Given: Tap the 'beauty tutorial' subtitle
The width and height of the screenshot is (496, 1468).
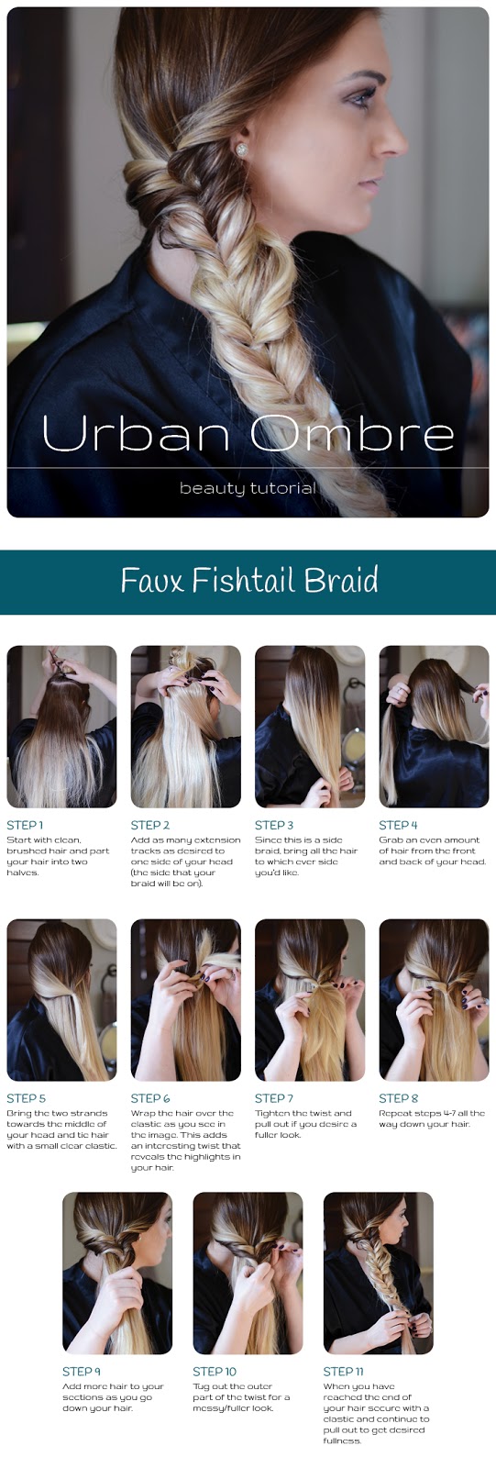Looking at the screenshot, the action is click(x=248, y=488).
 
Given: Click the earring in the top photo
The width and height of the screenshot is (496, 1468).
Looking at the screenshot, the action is click(x=242, y=150).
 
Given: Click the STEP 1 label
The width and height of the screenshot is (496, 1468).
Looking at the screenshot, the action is click(x=25, y=825).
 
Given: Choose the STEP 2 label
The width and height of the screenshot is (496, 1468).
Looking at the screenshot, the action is click(x=150, y=825).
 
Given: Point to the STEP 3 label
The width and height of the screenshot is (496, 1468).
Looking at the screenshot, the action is click(x=274, y=825).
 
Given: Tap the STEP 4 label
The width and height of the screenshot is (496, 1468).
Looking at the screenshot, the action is click(x=398, y=825).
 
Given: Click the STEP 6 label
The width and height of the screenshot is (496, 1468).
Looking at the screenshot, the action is click(x=150, y=1098).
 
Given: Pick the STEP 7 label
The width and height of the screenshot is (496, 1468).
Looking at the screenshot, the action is click(x=274, y=1098).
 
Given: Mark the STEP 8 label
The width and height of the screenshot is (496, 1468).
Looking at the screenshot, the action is click(x=399, y=1098).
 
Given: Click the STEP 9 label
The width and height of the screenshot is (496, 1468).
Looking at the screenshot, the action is click(x=82, y=1372).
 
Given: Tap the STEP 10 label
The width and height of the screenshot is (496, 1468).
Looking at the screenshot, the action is click(x=215, y=1372).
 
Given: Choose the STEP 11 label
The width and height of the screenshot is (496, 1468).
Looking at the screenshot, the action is click(x=343, y=1372).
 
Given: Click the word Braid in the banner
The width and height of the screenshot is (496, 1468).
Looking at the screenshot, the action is click(x=341, y=580).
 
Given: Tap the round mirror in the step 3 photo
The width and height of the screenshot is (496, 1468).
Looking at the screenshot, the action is click(x=355, y=744).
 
